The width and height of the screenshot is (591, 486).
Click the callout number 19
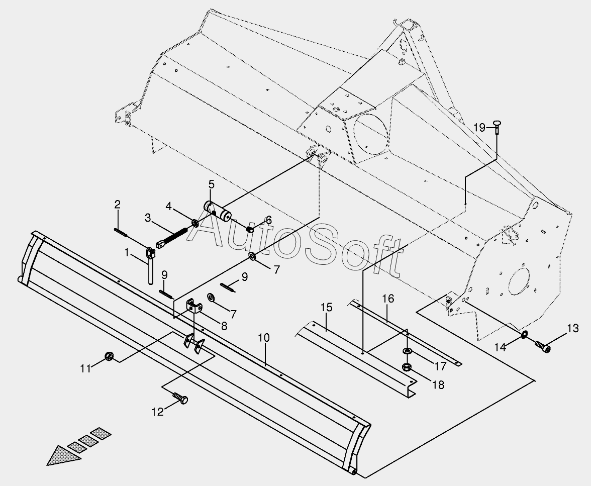pos(479,128)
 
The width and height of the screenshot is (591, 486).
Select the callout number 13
pos(573,329)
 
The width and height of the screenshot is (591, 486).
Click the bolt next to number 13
pos(542,346)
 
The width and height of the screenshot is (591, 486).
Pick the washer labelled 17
pos(407,350)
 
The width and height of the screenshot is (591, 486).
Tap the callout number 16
pos(387,299)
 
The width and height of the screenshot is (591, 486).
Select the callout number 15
pos(327,308)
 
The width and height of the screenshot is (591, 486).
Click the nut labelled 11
pos(108,357)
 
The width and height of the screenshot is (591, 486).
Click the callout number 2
pos(117,205)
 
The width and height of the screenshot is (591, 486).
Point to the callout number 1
pos(127,251)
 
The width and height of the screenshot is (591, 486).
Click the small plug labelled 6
pos(249,230)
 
